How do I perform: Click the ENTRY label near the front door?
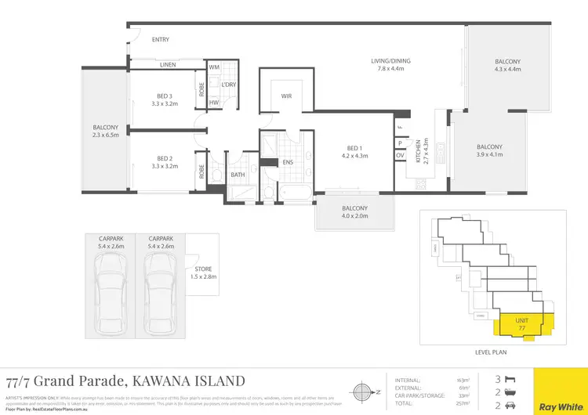tap(160, 39)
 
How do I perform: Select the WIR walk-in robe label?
tap(286, 96)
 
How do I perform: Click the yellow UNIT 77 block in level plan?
tap(521, 323)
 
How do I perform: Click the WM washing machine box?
tap(214, 68)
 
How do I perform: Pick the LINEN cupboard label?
tap(168, 65)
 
